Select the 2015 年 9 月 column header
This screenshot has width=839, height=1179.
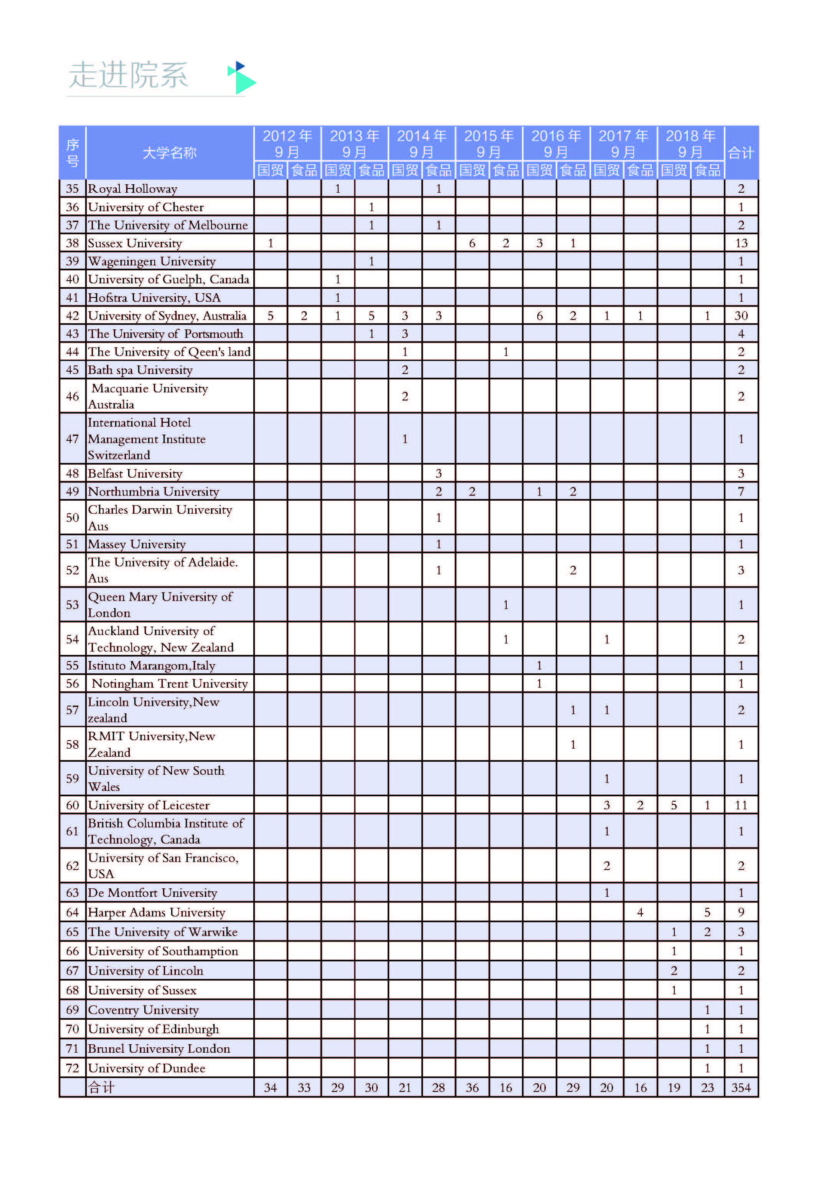click(x=488, y=143)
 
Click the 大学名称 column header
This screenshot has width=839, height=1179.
click(x=170, y=153)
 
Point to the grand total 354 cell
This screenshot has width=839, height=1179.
click(x=740, y=1088)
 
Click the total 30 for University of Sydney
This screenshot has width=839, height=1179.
click(x=741, y=316)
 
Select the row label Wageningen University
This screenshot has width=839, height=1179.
click(x=152, y=261)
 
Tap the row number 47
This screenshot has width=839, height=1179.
click(x=72, y=439)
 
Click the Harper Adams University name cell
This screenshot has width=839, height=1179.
click(x=157, y=913)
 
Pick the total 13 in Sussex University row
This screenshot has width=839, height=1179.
click(x=741, y=243)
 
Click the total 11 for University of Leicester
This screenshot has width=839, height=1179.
click(x=741, y=805)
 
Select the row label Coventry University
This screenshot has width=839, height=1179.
click(x=143, y=1010)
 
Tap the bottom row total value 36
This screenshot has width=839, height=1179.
click(x=472, y=1088)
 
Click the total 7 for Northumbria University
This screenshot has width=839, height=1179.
click(x=741, y=491)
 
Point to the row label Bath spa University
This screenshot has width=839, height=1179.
click(x=140, y=370)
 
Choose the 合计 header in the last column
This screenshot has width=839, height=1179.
click(x=741, y=153)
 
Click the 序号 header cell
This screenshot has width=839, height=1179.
click(x=72, y=153)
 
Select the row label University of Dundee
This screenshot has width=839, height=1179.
click(x=146, y=1068)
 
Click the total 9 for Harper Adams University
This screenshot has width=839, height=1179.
click(x=741, y=913)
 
